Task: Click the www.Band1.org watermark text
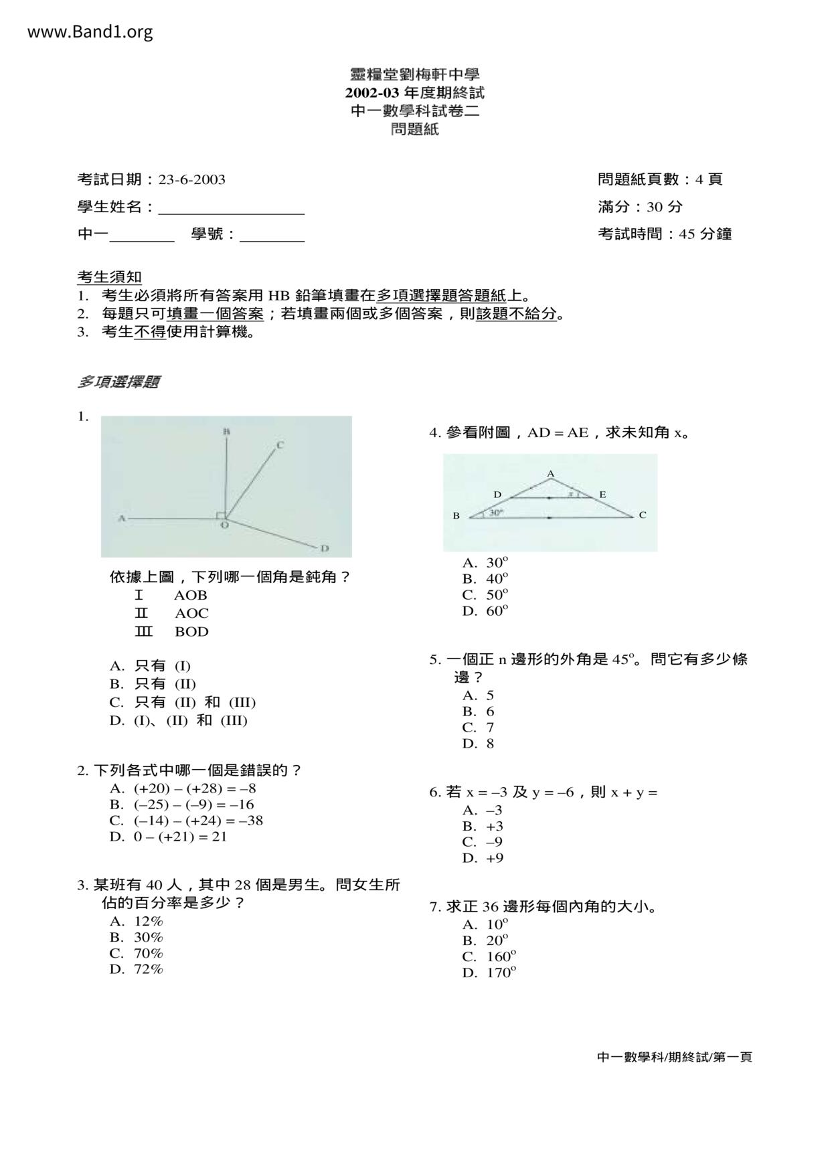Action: pos(90,31)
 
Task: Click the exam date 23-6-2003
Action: pos(191,179)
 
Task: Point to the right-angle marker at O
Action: pos(221,515)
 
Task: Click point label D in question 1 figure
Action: pos(324,548)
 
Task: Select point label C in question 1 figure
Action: pos(280,444)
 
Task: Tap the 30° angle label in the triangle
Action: pos(495,512)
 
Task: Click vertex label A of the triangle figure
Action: pos(551,474)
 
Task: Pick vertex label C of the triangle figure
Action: pos(643,515)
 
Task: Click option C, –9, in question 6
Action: pos(482,842)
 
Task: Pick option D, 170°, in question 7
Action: pos(489,973)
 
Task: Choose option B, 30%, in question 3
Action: pos(137,937)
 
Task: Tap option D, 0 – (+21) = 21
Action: pos(169,837)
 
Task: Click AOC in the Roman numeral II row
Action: pos(191,613)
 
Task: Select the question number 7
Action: pos(434,907)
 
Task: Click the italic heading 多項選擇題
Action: pos(118,382)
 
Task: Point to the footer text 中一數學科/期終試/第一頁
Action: pos(674,1057)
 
